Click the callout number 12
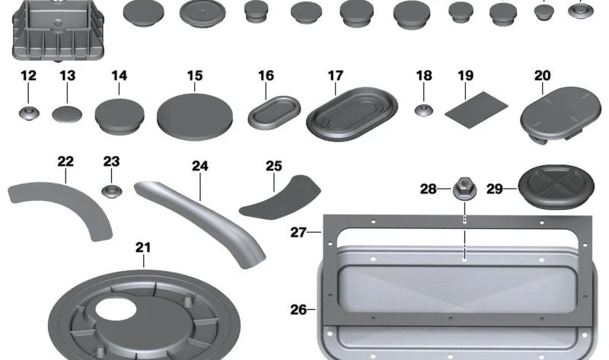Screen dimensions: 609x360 tap(28, 75)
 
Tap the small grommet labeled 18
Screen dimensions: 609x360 tap(424, 110)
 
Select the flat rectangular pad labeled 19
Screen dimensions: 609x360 tap(477, 110)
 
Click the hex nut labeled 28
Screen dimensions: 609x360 tap(464, 189)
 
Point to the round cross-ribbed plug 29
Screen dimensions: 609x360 tap(556, 187)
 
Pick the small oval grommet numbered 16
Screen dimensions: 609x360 tap(274, 113)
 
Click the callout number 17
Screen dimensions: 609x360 tap(336, 75)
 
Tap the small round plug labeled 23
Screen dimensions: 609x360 tap(112, 191)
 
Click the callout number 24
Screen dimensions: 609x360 tap(200, 166)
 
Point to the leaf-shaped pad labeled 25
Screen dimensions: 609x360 tap(280, 197)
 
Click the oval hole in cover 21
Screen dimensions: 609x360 tap(116, 309)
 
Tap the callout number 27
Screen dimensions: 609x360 tap(298, 232)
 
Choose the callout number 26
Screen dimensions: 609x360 tap(298, 310)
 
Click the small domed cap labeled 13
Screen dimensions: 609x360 tap(67, 114)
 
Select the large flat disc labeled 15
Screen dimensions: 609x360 tap(195, 116)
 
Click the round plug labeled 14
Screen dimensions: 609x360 tap(120, 116)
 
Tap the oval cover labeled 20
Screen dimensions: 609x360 tap(560, 114)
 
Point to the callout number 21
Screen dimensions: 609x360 tap(143, 247)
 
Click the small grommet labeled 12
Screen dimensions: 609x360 tap(29, 113)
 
